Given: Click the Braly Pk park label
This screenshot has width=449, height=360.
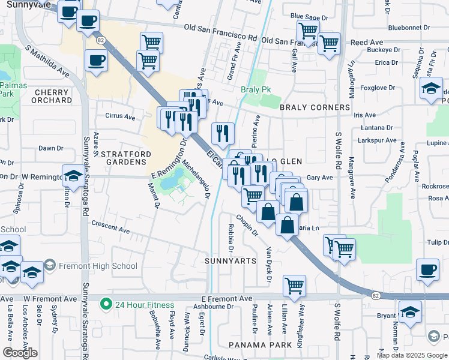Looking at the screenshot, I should [x=256, y=89].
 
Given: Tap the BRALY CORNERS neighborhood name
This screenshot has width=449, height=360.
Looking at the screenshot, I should [x=315, y=107].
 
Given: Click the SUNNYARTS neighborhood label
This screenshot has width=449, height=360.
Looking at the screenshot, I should [x=230, y=261].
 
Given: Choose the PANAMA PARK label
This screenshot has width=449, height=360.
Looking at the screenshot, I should [x=260, y=345].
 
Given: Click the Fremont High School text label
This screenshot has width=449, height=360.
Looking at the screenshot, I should [x=98, y=266].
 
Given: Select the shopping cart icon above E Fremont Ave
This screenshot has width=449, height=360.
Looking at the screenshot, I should [x=294, y=286].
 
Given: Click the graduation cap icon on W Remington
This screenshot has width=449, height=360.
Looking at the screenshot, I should [x=73, y=176].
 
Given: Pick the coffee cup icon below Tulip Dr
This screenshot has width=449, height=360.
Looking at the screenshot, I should [x=427, y=269].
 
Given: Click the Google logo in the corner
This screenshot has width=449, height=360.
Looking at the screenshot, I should [x=20, y=353].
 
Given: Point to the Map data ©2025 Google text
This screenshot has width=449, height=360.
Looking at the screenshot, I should [x=412, y=355].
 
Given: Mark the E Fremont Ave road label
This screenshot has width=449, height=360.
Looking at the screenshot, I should [x=227, y=298].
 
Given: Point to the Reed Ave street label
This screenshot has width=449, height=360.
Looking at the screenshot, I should [x=366, y=43].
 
